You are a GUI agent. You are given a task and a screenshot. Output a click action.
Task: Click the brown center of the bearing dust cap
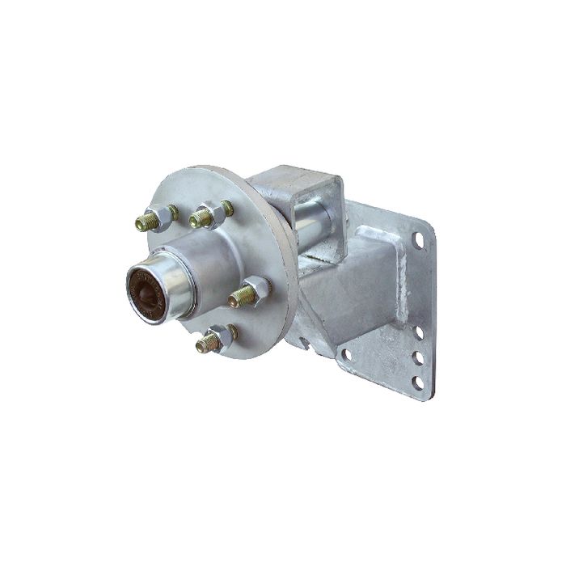pyautogui.click(x=146, y=291)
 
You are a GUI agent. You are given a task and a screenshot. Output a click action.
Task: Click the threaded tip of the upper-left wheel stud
pyautogui.click(x=145, y=222)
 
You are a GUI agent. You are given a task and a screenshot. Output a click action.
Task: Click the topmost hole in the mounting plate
pyautogui.click(x=419, y=240)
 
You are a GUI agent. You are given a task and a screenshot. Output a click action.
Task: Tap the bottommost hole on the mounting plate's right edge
pyautogui.click(x=417, y=382)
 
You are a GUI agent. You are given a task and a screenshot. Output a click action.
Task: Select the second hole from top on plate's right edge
pyautogui.click(x=418, y=332)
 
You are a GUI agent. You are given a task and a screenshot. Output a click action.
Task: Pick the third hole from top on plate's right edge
pyautogui.click(x=418, y=357)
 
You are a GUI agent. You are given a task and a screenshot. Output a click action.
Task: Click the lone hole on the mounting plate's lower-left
pyautogui.click(x=345, y=354)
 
